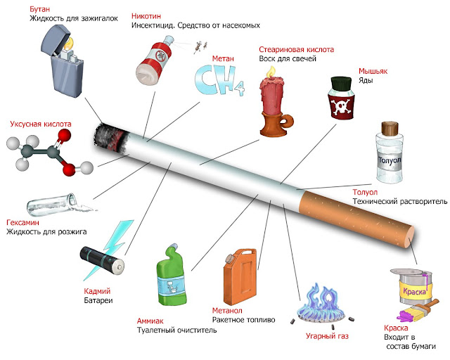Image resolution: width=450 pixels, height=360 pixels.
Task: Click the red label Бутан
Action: [39, 9]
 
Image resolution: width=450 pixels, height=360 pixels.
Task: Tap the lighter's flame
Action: [69, 43]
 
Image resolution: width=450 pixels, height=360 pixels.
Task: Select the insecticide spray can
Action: [155, 60]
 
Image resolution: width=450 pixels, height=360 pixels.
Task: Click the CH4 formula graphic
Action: [219, 80]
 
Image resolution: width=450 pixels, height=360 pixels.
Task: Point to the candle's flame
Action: [271, 72]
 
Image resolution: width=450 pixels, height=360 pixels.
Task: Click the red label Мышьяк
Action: [373, 71]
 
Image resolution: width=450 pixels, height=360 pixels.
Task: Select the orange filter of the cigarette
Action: [356, 219]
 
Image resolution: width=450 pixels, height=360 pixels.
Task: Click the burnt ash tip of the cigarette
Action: [110, 136]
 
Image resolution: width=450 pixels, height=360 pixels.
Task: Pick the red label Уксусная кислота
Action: [41, 124]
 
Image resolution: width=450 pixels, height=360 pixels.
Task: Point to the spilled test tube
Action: [58, 205]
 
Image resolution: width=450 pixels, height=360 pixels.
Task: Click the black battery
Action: [102, 260]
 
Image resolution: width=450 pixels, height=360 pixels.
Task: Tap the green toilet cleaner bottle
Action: [172, 275]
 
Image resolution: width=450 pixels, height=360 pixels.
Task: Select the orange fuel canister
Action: [240, 276]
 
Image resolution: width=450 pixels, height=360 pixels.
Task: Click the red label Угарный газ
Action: [327, 336]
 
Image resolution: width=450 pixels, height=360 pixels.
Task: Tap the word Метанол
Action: [227, 310]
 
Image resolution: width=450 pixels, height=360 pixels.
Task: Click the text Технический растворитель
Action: [400, 202]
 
